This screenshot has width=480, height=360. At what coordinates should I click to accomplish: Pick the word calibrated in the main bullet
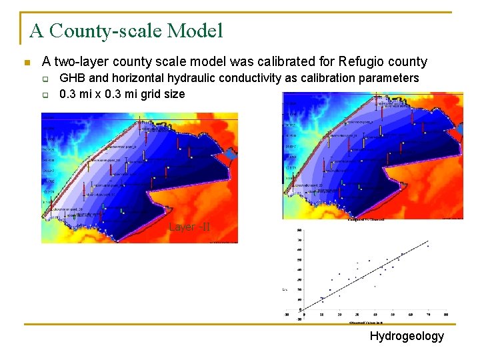(x=258, y=62)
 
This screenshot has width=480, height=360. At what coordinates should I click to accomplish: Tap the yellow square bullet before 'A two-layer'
(x=26, y=63)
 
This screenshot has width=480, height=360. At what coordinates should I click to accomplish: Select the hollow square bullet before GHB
(x=45, y=79)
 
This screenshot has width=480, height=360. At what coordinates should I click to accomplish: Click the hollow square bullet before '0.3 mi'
(x=45, y=95)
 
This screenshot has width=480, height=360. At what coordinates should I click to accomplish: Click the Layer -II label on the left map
(x=189, y=227)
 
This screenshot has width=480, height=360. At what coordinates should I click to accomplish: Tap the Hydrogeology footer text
(x=407, y=336)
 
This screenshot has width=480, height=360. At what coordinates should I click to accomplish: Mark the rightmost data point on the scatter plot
(x=428, y=246)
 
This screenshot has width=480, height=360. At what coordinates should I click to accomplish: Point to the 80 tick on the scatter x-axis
(x=446, y=314)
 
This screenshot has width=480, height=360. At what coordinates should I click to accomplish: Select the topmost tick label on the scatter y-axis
(x=299, y=231)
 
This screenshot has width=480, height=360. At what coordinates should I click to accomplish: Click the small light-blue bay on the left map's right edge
(x=230, y=155)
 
